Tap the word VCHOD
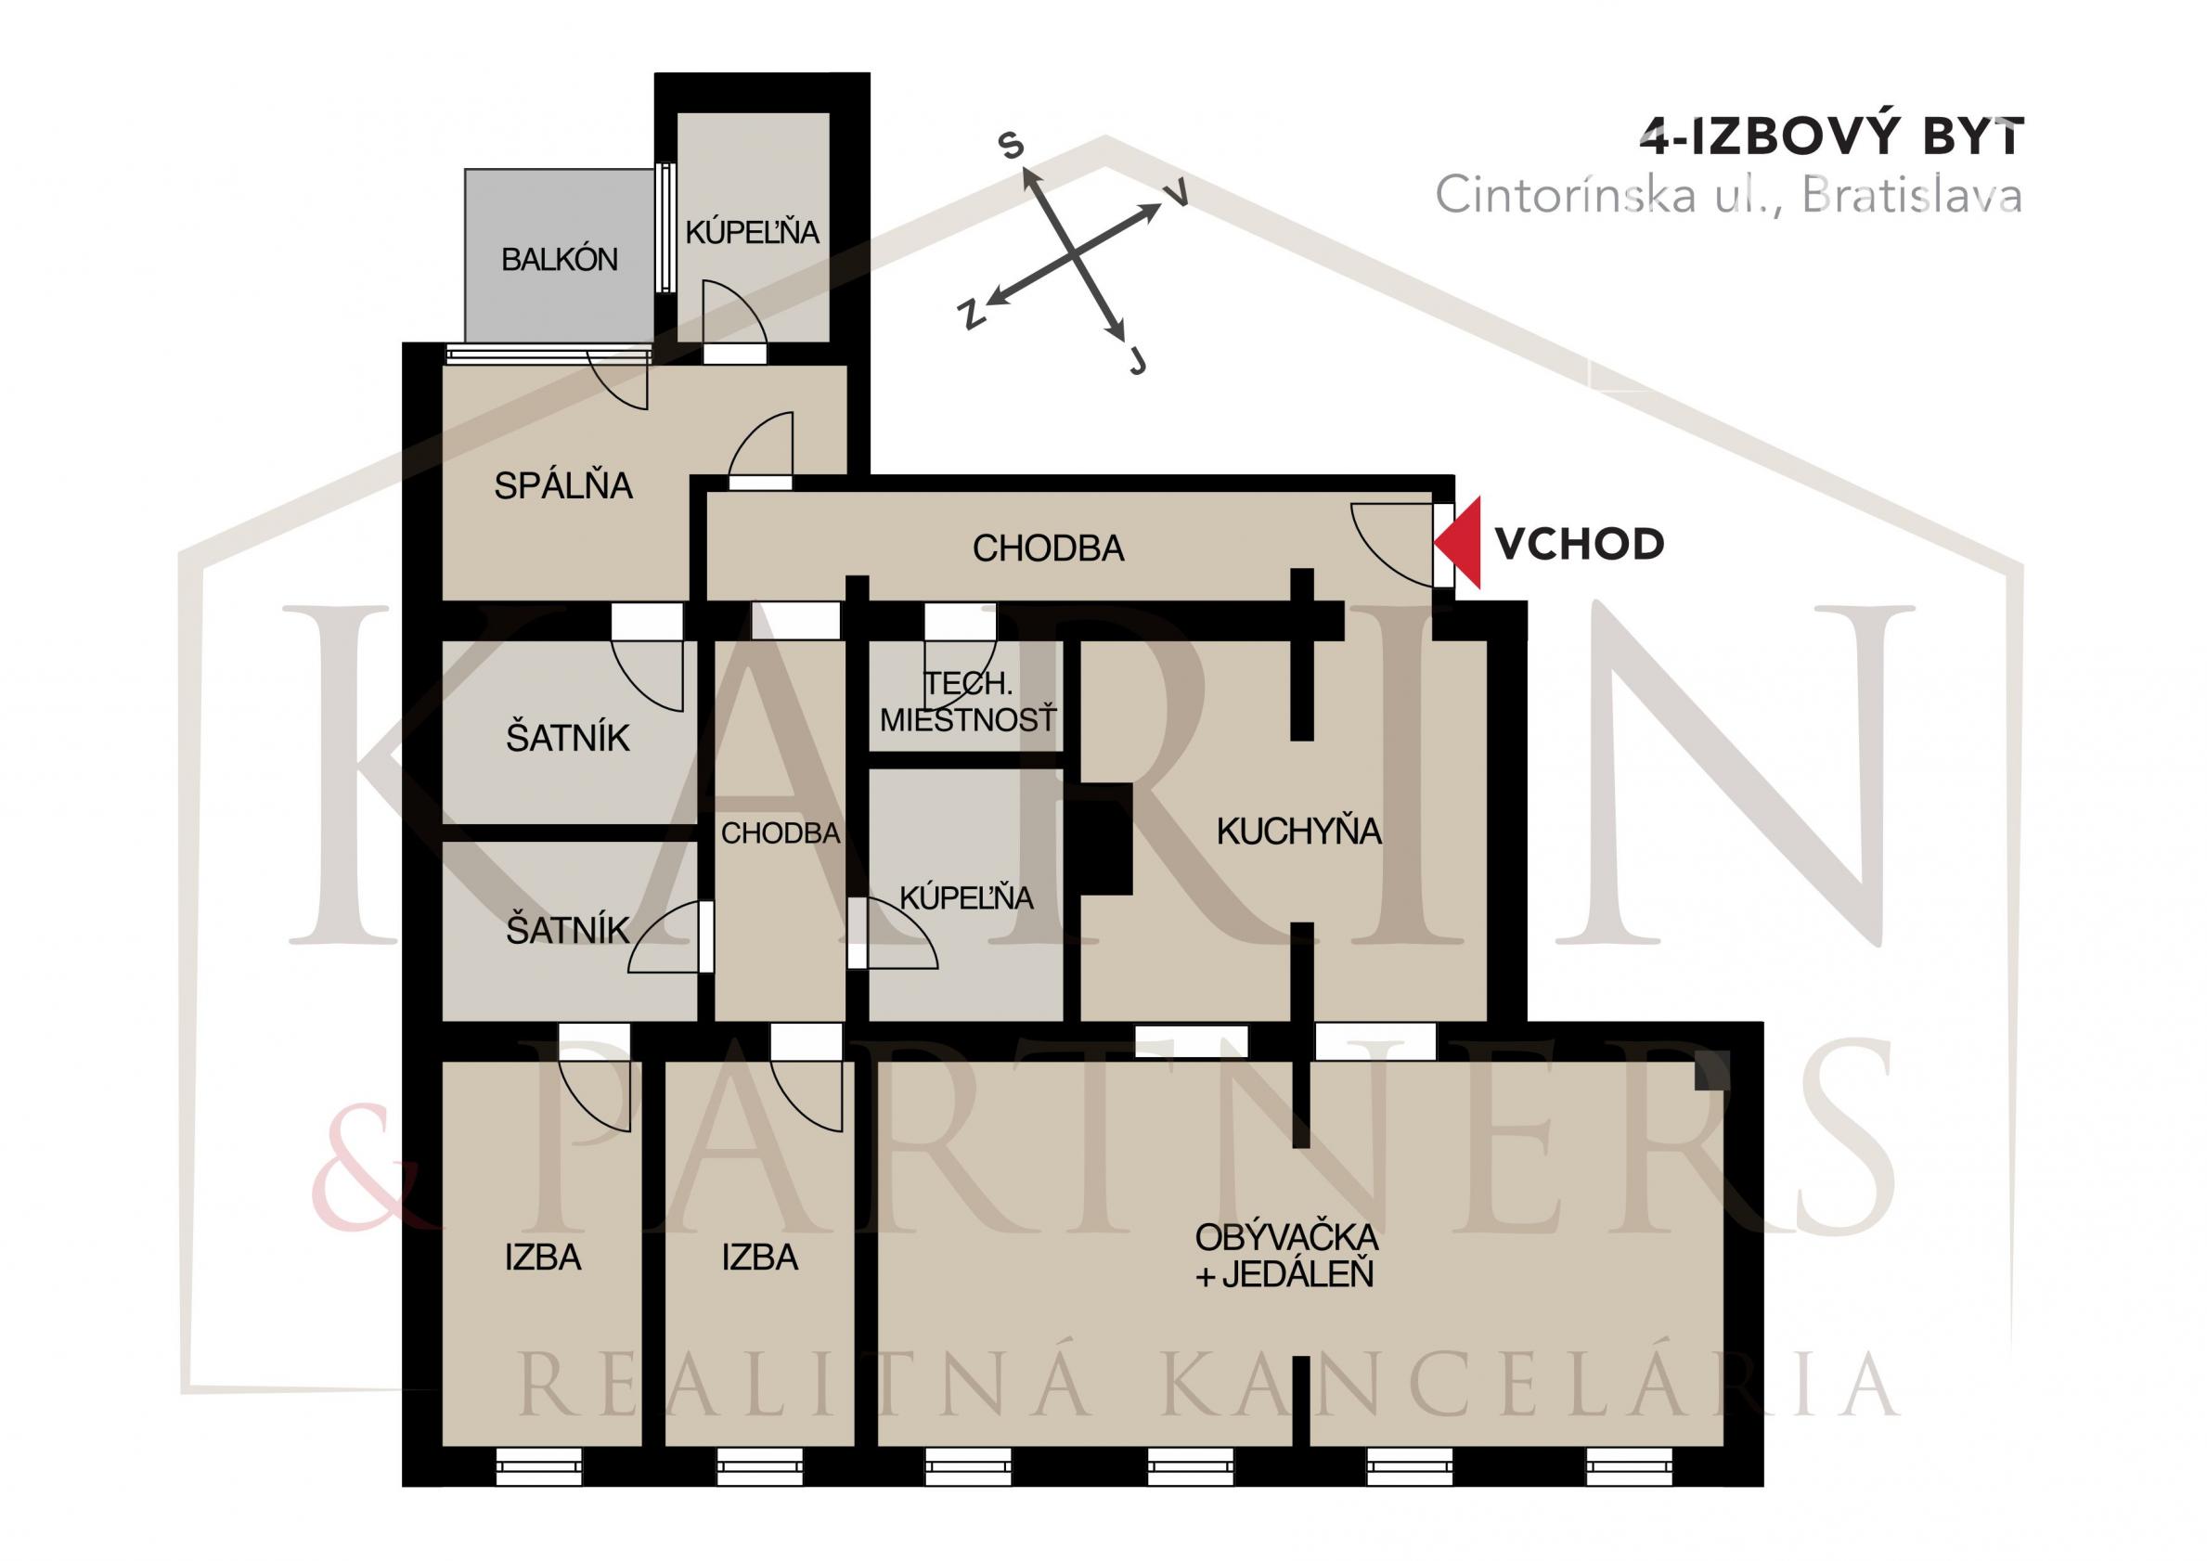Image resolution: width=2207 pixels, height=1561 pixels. point(1580,545)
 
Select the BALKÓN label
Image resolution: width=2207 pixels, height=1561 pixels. point(560,260)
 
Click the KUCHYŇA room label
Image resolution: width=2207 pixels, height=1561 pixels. point(1298,832)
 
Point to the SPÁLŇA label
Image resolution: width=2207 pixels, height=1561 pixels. point(563,486)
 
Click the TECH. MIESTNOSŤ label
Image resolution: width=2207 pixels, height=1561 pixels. point(968,702)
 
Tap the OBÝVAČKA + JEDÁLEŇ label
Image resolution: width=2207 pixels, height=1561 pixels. point(1286,1256)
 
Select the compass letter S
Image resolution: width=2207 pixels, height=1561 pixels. point(1012,146)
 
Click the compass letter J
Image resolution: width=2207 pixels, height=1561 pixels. point(1138,361)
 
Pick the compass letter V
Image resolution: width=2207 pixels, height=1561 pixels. point(1177,193)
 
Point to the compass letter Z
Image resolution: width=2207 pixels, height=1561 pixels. point(972,315)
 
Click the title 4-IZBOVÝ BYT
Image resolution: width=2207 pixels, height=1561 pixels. point(1832,137)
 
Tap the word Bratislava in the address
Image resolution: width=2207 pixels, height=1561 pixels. point(1911,196)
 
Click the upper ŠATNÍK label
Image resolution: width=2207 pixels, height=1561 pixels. point(567,738)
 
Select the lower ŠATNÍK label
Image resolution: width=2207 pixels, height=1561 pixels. point(567,931)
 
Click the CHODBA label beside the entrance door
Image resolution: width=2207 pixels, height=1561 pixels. point(1048,548)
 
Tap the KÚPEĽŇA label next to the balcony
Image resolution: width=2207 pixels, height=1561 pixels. point(752,233)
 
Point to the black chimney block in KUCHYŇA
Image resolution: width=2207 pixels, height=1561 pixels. point(1105,839)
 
